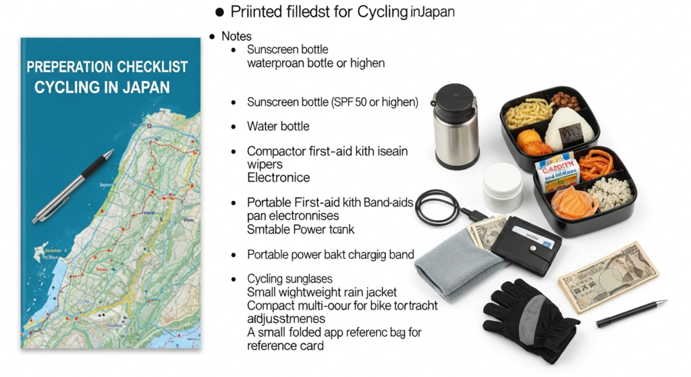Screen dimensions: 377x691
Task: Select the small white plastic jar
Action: pyautogui.click(x=502, y=187)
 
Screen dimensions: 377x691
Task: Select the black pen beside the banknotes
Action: pyautogui.click(x=631, y=314)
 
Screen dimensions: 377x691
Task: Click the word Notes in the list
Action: pyautogui.click(x=236, y=36)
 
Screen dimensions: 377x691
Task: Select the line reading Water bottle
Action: pyautogui.click(x=278, y=126)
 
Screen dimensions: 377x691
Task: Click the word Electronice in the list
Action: pyautogui.click(x=278, y=178)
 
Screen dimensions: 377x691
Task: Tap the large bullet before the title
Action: pyautogui.click(x=219, y=12)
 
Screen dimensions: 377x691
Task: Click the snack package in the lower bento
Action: pyautogui.click(x=557, y=173)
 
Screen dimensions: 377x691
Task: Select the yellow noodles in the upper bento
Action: pyautogui.click(x=528, y=113)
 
